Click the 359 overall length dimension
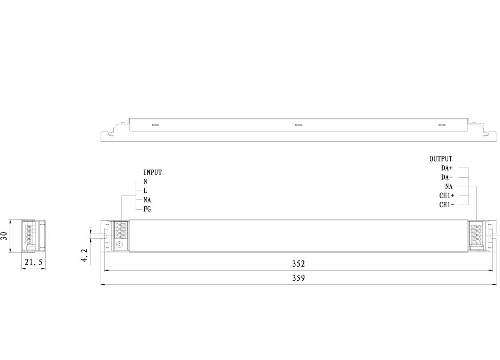298,279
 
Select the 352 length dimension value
298,264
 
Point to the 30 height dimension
5,236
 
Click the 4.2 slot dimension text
84,255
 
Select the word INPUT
152,173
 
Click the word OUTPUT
441,159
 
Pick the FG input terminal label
147,209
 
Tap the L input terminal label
145,190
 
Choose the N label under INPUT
145,181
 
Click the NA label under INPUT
147,200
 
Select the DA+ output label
447,168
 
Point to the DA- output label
447,177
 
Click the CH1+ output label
447,195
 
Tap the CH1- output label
447,205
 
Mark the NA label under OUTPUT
449,186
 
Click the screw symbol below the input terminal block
120,245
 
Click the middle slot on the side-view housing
299,124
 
